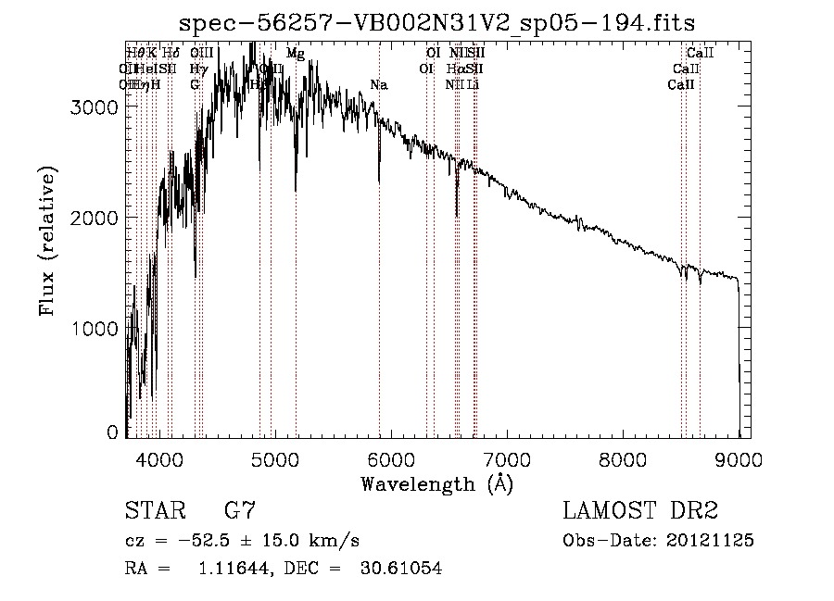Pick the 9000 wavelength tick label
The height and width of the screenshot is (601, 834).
[739, 458]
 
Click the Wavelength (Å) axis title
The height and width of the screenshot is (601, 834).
[436, 483]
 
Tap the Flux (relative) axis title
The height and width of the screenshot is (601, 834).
[46, 241]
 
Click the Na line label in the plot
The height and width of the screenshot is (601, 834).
[378, 85]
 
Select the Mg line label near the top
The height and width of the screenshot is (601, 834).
[296, 54]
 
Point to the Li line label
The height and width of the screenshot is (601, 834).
[473, 84]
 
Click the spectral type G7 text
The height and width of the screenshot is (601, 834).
[240, 510]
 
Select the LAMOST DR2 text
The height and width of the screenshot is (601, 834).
[639, 510]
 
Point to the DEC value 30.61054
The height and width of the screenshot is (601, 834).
[400, 569]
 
